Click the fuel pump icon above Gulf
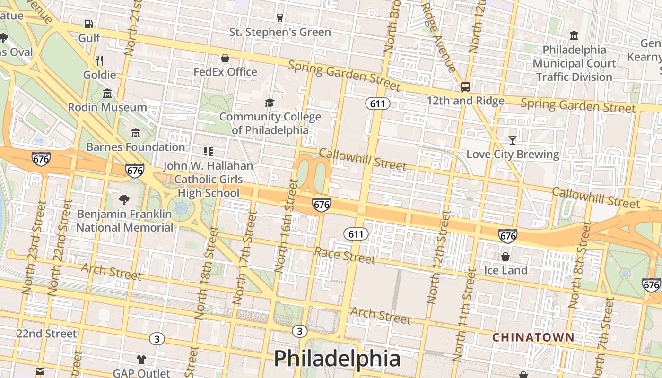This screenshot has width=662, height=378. (88, 24)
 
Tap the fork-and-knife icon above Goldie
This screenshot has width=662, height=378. (99, 60)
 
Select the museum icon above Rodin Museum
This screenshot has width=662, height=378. (107, 93)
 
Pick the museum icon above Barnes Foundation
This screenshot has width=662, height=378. (136, 133)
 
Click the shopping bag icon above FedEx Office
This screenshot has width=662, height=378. (225, 58)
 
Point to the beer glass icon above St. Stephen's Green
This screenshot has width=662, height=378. (280, 18)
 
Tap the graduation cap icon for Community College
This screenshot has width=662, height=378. (270, 103)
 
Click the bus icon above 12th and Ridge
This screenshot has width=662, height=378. (465, 86)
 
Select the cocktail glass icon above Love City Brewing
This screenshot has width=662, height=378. (512, 140)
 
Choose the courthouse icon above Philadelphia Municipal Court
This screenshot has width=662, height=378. (574, 35)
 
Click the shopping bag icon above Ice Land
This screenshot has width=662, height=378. (505, 257)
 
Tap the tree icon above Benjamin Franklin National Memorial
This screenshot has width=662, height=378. (124, 199)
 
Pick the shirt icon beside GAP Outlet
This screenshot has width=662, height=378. (141, 360)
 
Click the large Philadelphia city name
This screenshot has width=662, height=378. (337, 359)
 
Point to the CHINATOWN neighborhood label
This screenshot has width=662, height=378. (533, 337)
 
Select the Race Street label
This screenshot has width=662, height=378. (345, 256)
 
